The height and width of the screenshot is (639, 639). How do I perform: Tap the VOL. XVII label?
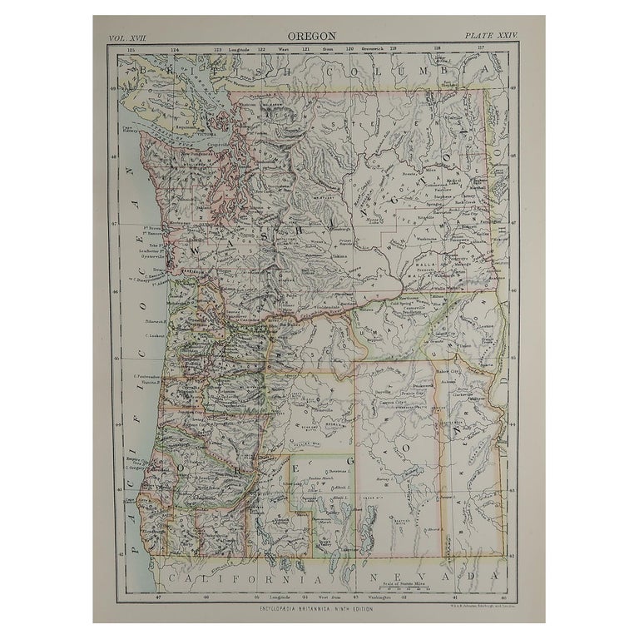[x=127, y=37]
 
